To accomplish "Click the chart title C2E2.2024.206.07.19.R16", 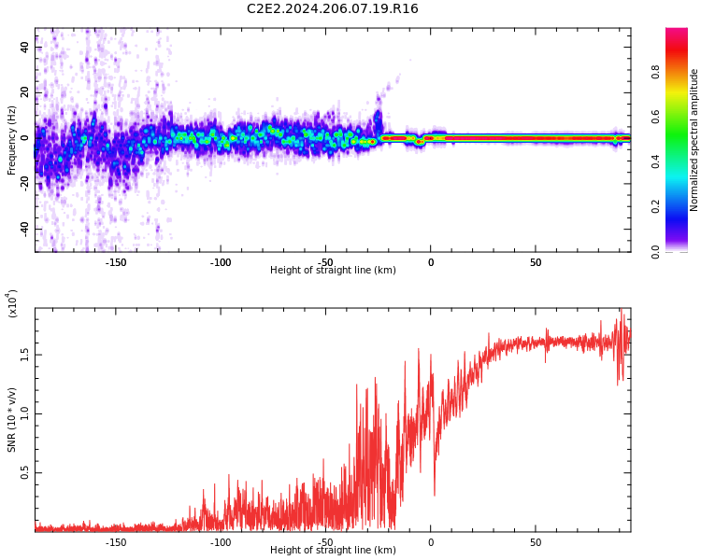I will (x=332, y=9).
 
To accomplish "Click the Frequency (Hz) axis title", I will (x=12, y=140).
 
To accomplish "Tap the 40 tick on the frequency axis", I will (x=25, y=47).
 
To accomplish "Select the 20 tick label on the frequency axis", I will (x=25, y=92).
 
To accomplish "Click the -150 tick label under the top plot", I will (x=116, y=262).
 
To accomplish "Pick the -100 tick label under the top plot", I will (x=221, y=262).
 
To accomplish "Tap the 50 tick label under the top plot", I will (x=536, y=262).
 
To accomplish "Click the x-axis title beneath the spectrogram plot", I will (x=333, y=271).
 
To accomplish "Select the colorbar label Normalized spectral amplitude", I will (x=694, y=140).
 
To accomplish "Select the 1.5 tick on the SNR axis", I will (x=25, y=355).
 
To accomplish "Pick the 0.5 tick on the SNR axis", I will (x=25, y=473).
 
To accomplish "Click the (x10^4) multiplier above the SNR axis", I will (x=12, y=304).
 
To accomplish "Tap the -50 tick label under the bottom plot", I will (x=325, y=542).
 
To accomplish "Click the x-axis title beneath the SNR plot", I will (x=333, y=551).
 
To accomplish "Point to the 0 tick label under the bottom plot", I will (x=431, y=542).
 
